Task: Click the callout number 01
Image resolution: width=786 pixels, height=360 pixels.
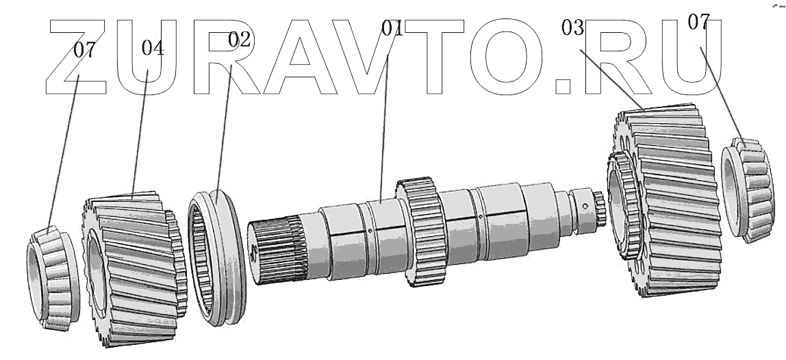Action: pos(392,29)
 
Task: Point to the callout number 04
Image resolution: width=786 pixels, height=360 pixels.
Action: pos(153,49)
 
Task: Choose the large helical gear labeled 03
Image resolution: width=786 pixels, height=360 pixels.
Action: pos(674,205)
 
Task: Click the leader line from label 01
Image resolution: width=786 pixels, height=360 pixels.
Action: pos(385,116)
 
